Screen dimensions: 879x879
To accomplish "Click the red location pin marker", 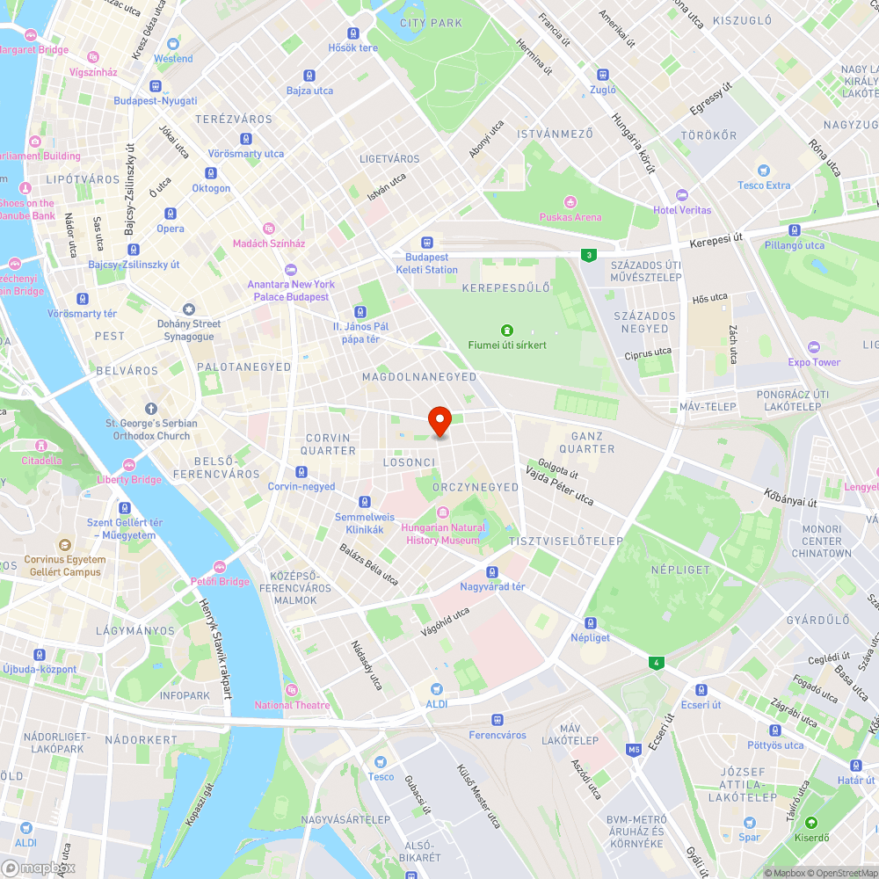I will [x=439, y=421].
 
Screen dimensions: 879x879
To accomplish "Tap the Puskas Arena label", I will [x=570, y=217].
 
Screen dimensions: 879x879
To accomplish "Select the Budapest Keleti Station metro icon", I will [x=427, y=242].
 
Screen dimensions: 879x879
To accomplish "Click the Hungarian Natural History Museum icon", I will [x=443, y=512].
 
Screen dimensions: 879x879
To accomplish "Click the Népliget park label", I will [x=679, y=570].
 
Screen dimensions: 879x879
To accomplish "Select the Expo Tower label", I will [x=814, y=362].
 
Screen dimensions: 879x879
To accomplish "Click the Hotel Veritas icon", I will [x=681, y=194].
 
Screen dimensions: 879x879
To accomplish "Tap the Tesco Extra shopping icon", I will [x=764, y=170].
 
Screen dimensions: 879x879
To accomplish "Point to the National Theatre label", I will [x=292, y=705].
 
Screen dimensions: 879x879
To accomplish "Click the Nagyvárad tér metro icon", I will [x=492, y=571].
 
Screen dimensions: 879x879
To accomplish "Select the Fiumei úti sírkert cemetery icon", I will [x=506, y=330].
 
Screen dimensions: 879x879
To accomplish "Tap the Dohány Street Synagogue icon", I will [x=188, y=309].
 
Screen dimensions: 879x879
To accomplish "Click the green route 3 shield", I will [x=587, y=255].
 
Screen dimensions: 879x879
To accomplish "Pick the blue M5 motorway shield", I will [x=634, y=749].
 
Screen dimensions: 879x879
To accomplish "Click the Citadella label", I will [x=42, y=460].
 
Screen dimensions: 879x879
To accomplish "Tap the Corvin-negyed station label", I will [x=301, y=486].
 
